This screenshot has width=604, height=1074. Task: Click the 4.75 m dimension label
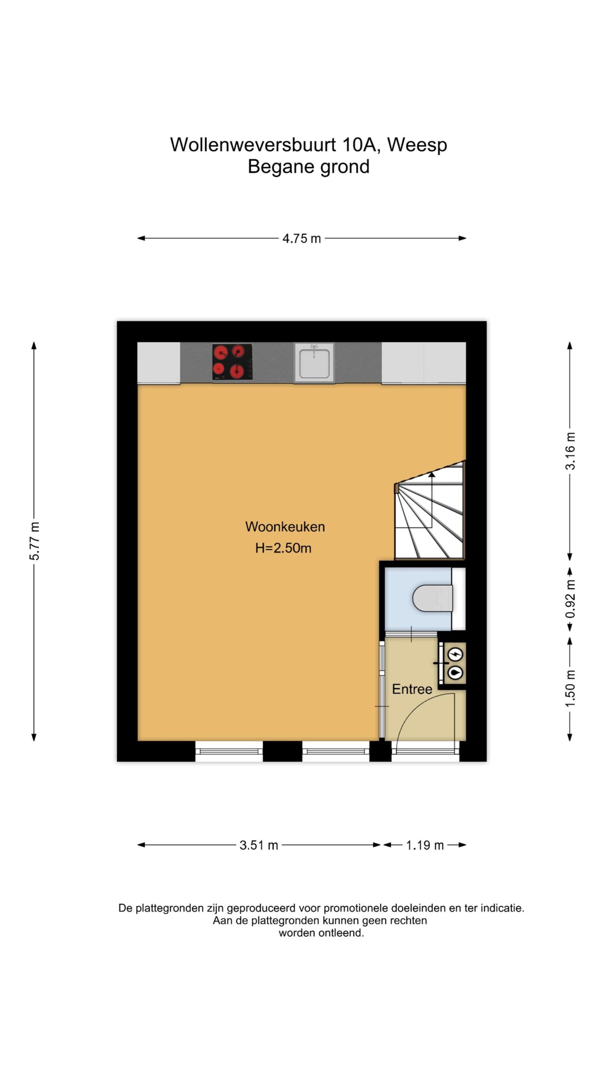[x=302, y=239]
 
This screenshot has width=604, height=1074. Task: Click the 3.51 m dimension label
[x=259, y=845]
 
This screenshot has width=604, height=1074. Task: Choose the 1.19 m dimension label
[x=424, y=845]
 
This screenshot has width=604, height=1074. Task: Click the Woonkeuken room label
[x=285, y=527]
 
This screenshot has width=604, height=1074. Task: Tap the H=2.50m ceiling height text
[x=284, y=548]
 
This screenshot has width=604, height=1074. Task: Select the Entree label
[x=412, y=689]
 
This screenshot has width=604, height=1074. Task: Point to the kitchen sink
[x=314, y=363]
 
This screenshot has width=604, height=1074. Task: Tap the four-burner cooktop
[x=232, y=362]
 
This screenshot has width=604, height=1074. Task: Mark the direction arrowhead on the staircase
[x=431, y=475]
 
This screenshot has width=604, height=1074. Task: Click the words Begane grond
[x=309, y=167]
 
